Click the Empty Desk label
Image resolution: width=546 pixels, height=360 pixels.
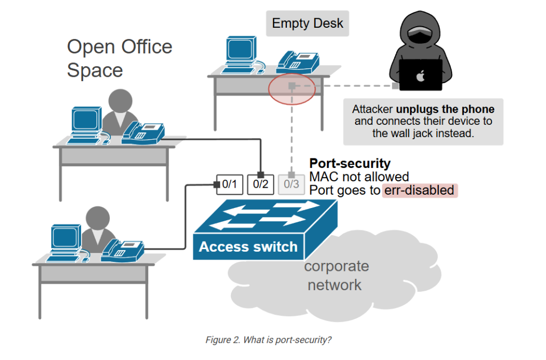pyautogui.click(x=308, y=23)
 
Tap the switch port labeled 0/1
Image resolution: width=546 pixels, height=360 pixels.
pyautogui.click(x=229, y=185)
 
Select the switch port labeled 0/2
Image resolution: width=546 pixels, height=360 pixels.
pyautogui.click(x=261, y=185)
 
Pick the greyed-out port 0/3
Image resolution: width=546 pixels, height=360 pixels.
pyautogui.click(x=292, y=185)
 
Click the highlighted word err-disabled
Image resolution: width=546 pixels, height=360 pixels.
pyautogui.click(x=419, y=190)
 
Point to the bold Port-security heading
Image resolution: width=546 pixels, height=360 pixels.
pyautogui.click(x=350, y=164)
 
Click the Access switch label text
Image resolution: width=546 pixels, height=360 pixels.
pyautogui.click(x=248, y=247)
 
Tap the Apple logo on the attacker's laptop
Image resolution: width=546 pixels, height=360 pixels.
pyautogui.click(x=421, y=76)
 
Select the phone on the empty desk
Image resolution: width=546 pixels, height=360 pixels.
pyautogui.click(x=298, y=62)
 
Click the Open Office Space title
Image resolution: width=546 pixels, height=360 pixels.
pyautogui.click(x=119, y=58)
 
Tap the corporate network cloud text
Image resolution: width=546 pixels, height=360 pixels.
pyautogui.click(x=336, y=275)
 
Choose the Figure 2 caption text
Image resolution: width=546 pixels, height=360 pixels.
pyautogui.click(x=268, y=340)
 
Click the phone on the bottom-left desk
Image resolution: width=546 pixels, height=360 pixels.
pyautogui.click(x=124, y=250)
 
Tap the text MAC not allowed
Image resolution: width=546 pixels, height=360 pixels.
pyautogui.click(x=359, y=177)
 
